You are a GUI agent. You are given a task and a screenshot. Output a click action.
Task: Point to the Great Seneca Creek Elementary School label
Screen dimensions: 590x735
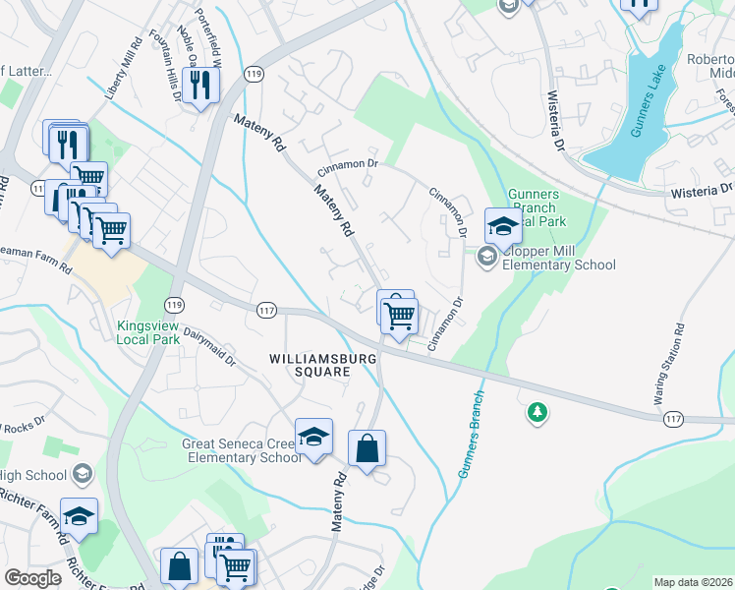tap(242, 450)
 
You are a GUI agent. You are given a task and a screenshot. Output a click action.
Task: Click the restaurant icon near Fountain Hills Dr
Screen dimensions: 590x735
tap(200, 86)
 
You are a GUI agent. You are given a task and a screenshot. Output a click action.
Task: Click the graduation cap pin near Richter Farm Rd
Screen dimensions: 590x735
tap(79, 515)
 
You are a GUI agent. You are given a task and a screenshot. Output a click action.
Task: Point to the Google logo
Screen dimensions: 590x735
tap(33, 578)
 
